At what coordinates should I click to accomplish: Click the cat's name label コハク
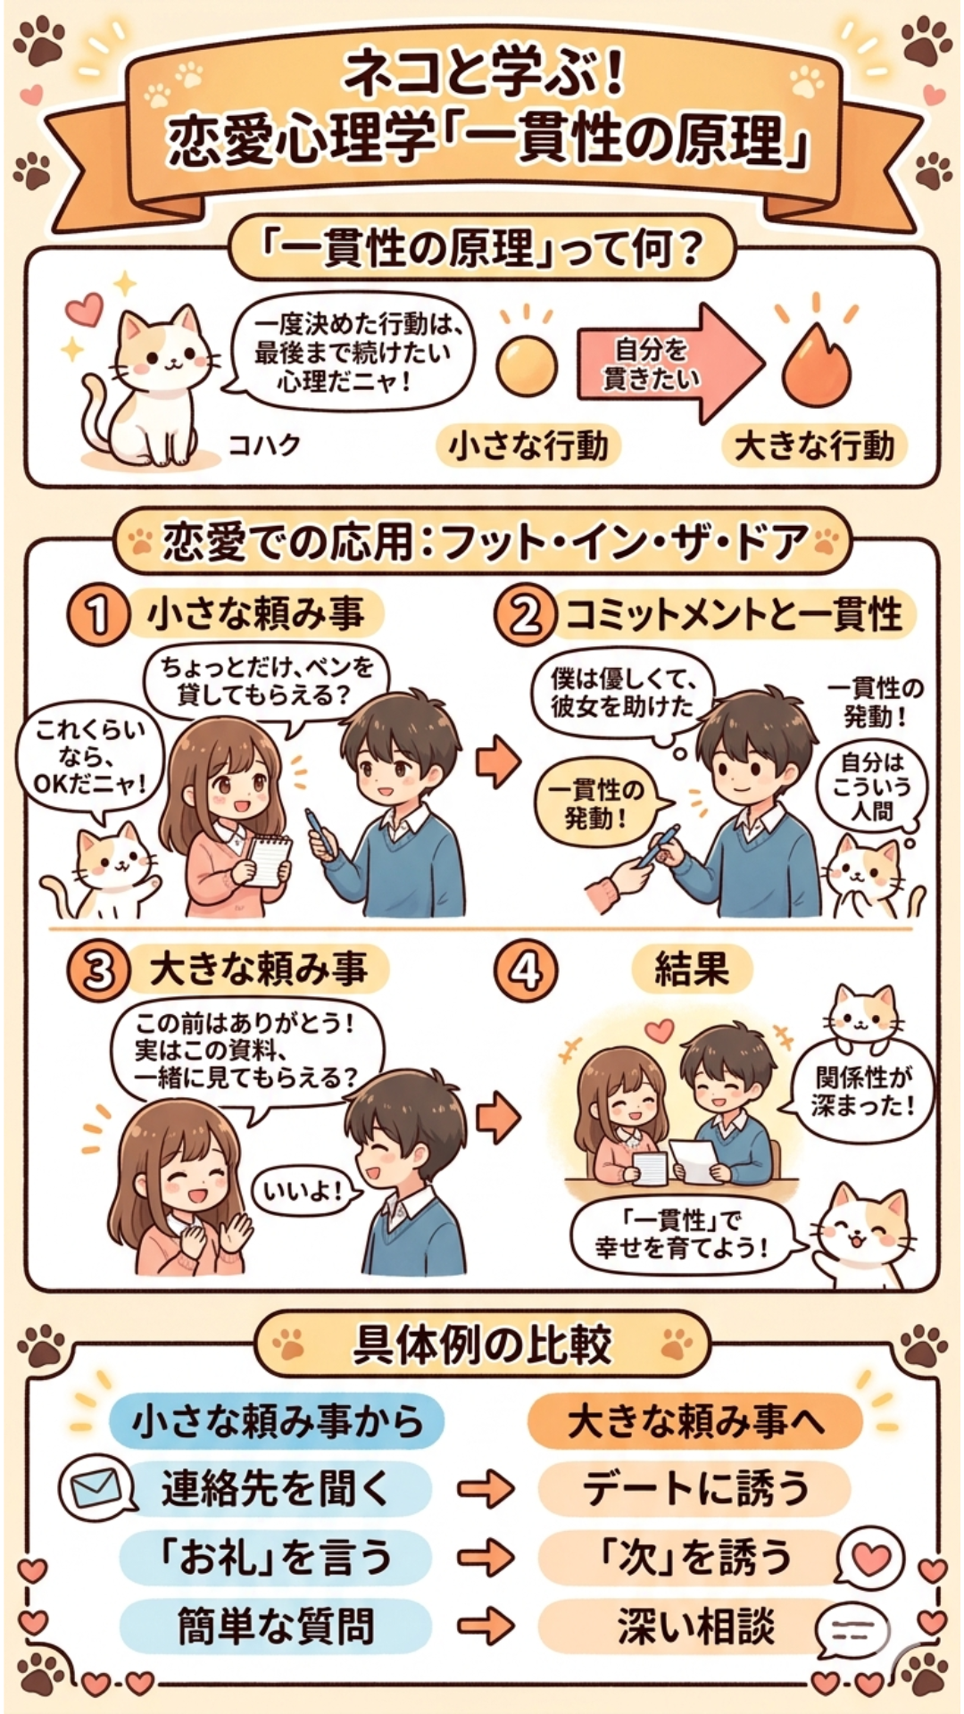(x=264, y=444)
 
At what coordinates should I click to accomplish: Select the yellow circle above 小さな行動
(x=527, y=366)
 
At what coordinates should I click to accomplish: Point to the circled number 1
(x=97, y=615)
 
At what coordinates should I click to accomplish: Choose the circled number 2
(x=525, y=615)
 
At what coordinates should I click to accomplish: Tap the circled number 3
(x=97, y=970)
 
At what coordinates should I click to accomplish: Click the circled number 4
(x=525, y=970)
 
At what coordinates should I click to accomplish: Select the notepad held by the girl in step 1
(x=269, y=861)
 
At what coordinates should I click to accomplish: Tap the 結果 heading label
(x=692, y=969)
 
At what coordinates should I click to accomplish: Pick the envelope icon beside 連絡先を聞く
(x=96, y=1488)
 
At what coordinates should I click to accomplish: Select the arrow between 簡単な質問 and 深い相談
(x=486, y=1626)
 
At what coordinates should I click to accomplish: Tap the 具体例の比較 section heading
(x=482, y=1344)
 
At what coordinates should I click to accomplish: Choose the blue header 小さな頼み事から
(x=277, y=1420)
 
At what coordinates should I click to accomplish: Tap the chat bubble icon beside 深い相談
(x=852, y=1631)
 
